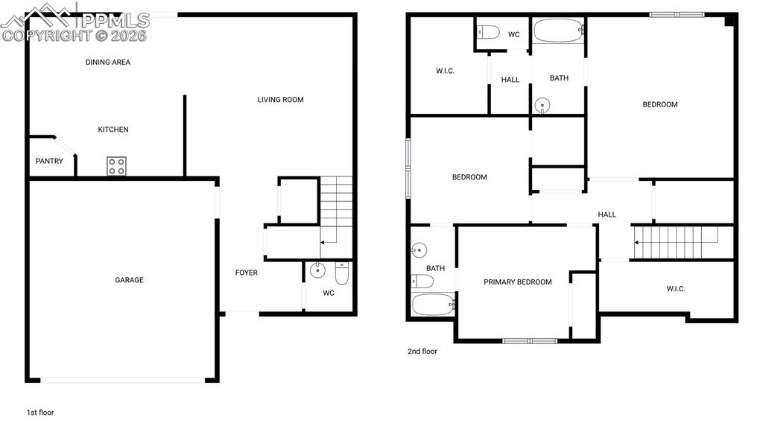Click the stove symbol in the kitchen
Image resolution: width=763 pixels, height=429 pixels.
tap(117, 166)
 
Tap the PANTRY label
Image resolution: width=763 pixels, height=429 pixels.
tap(49, 161)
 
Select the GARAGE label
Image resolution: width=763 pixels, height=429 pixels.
tap(129, 280)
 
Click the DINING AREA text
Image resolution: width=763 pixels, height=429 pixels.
tap(107, 62)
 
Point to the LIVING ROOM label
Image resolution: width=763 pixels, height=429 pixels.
tap(280, 100)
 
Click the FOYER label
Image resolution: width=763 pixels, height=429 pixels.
tap(246, 273)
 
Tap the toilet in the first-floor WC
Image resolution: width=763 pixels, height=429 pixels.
tap(342, 273)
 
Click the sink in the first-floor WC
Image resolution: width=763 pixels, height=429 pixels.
tap(317, 270)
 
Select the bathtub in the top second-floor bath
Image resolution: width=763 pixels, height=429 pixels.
tap(558, 31)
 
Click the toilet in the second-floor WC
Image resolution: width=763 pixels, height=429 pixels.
tap(488, 33)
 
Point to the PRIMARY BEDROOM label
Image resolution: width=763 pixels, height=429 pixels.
tap(517, 282)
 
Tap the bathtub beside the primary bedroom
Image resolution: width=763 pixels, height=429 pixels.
tap(433, 305)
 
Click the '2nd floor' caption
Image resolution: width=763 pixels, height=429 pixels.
tap(422, 352)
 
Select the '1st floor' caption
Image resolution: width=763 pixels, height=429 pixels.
tap(40, 413)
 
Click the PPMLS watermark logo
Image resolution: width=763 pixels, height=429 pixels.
tap(75, 23)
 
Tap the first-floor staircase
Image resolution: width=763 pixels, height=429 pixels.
tap(336, 217)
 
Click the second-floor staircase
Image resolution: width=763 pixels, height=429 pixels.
tap(677, 242)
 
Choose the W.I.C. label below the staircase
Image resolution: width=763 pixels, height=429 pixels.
tap(675, 289)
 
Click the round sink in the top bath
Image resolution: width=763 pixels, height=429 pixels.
tap(542, 105)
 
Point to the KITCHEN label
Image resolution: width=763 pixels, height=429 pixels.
tap(113, 130)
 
